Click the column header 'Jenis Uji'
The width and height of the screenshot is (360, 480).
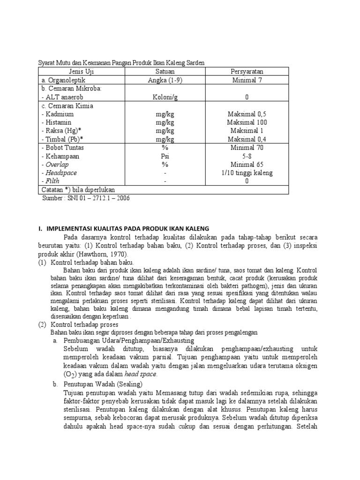click(81, 72)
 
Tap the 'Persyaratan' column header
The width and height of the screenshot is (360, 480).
click(247, 72)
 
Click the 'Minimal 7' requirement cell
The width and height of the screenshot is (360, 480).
click(247, 80)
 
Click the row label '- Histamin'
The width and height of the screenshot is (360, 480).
click(59, 122)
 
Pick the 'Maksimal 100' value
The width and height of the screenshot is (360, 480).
click(247, 122)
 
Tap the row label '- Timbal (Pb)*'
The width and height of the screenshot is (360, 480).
click(61, 139)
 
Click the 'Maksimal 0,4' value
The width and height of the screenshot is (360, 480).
click(247, 139)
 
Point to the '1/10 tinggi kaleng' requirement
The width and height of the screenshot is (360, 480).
click(247, 173)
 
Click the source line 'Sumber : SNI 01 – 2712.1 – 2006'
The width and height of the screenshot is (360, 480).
click(86, 198)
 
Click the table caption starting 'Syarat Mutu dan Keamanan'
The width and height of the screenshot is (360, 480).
click(121, 62)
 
